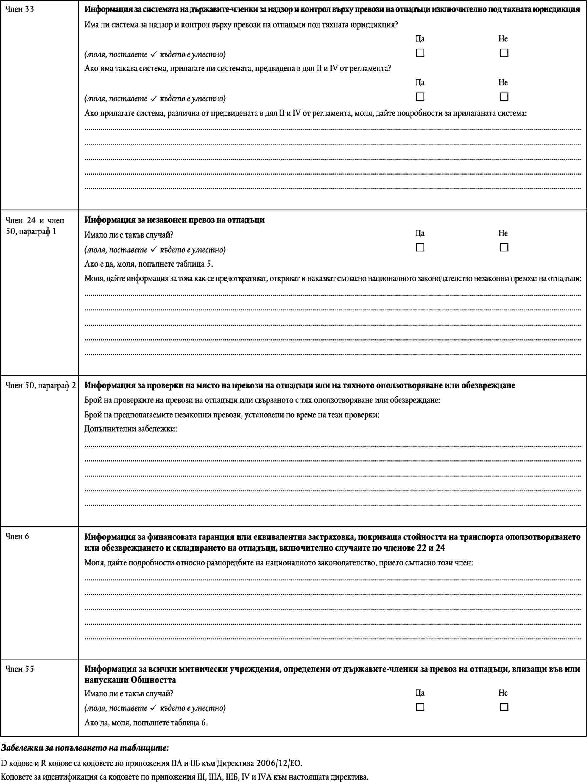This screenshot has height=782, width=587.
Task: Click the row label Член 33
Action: (x=20, y=9)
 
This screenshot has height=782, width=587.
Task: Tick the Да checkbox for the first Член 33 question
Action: (x=420, y=53)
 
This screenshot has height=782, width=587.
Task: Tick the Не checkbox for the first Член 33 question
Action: (x=504, y=53)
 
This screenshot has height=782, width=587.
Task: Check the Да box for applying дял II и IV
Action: (x=420, y=96)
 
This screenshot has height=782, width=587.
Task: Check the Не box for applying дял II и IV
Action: (x=504, y=96)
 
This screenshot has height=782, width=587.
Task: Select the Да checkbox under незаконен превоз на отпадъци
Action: (x=420, y=247)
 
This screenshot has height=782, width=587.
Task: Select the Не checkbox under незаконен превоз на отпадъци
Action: (x=504, y=247)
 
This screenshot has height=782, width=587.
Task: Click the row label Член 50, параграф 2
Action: (x=40, y=385)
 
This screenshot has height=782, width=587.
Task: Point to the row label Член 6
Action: (x=17, y=536)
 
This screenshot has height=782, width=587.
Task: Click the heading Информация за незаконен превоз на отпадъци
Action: (x=174, y=220)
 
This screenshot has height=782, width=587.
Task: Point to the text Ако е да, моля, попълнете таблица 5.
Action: (x=149, y=264)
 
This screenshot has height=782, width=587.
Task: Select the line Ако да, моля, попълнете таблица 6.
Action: (x=146, y=722)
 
